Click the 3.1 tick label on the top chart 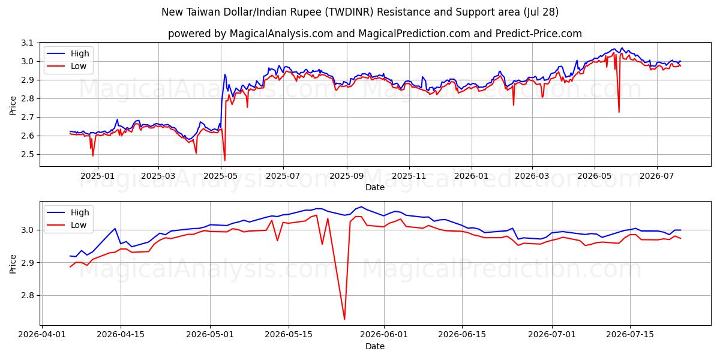point(27,43)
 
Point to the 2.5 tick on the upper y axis point(27,155)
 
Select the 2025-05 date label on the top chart point(221,176)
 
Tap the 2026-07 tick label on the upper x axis point(656,176)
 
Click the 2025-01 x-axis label point(97,176)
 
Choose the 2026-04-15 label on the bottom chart point(121,335)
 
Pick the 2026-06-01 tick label point(384,335)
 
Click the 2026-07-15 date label point(630,335)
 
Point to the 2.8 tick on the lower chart point(27,295)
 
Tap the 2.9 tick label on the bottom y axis point(27,263)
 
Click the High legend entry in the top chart point(68,53)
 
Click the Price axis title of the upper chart point(13,106)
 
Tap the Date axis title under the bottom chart point(375,346)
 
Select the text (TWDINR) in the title point(349,12)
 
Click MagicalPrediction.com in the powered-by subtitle point(415,34)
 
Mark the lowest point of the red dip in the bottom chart point(344,319)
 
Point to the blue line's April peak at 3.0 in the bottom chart point(115,229)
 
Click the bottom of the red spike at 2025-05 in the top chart point(224,160)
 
